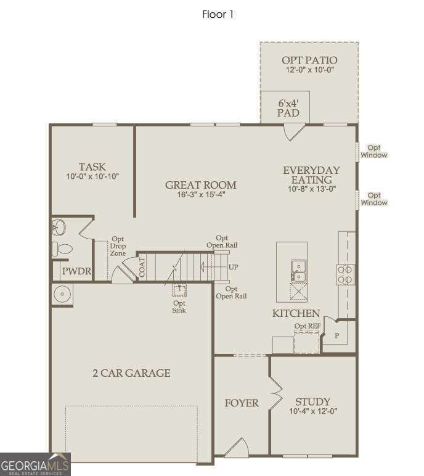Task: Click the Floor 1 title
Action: pyautogui.click(x=218, y=14)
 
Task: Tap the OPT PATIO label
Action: pyautogui.click(x=309, y=60)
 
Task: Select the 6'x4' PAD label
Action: pyautogui.click(x=288, y=108)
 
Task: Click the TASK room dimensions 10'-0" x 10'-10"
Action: pyautogui.click(x=92, y=176)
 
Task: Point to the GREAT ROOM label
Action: pyautogui.click(x=201, y=185)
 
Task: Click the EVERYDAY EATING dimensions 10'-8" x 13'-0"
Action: pyautogui.click(x=312, y=189)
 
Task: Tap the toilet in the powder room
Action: pyautogui.click(x=62, y=249)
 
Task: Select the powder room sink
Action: pyautogui.click(x=59, y=228)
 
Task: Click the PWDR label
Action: pyautogui.click(x=76, y=271)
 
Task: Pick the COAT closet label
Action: pyautogui.click(x=142, y=267)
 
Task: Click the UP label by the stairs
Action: pyautogui.click(x=233, y=267)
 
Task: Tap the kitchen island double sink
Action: pyautogui.click(x=299, y=271)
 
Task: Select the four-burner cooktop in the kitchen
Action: pyautogui.click(x=345, y=274)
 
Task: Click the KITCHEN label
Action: pyautogui.click(x=296, y=313)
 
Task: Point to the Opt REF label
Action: pyautogui.click(x=307, y=326)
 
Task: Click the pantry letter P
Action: pyautogui.click(x=337, y=336)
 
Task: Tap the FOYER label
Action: pyautogui.click(x=242, y=403)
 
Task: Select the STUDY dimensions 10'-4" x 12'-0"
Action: pyautogui.click(x=313, y=411)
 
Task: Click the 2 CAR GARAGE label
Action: pyautogui.click(x=131, y=373)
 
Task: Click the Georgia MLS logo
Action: pyautogui.click(x=35, y=464)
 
